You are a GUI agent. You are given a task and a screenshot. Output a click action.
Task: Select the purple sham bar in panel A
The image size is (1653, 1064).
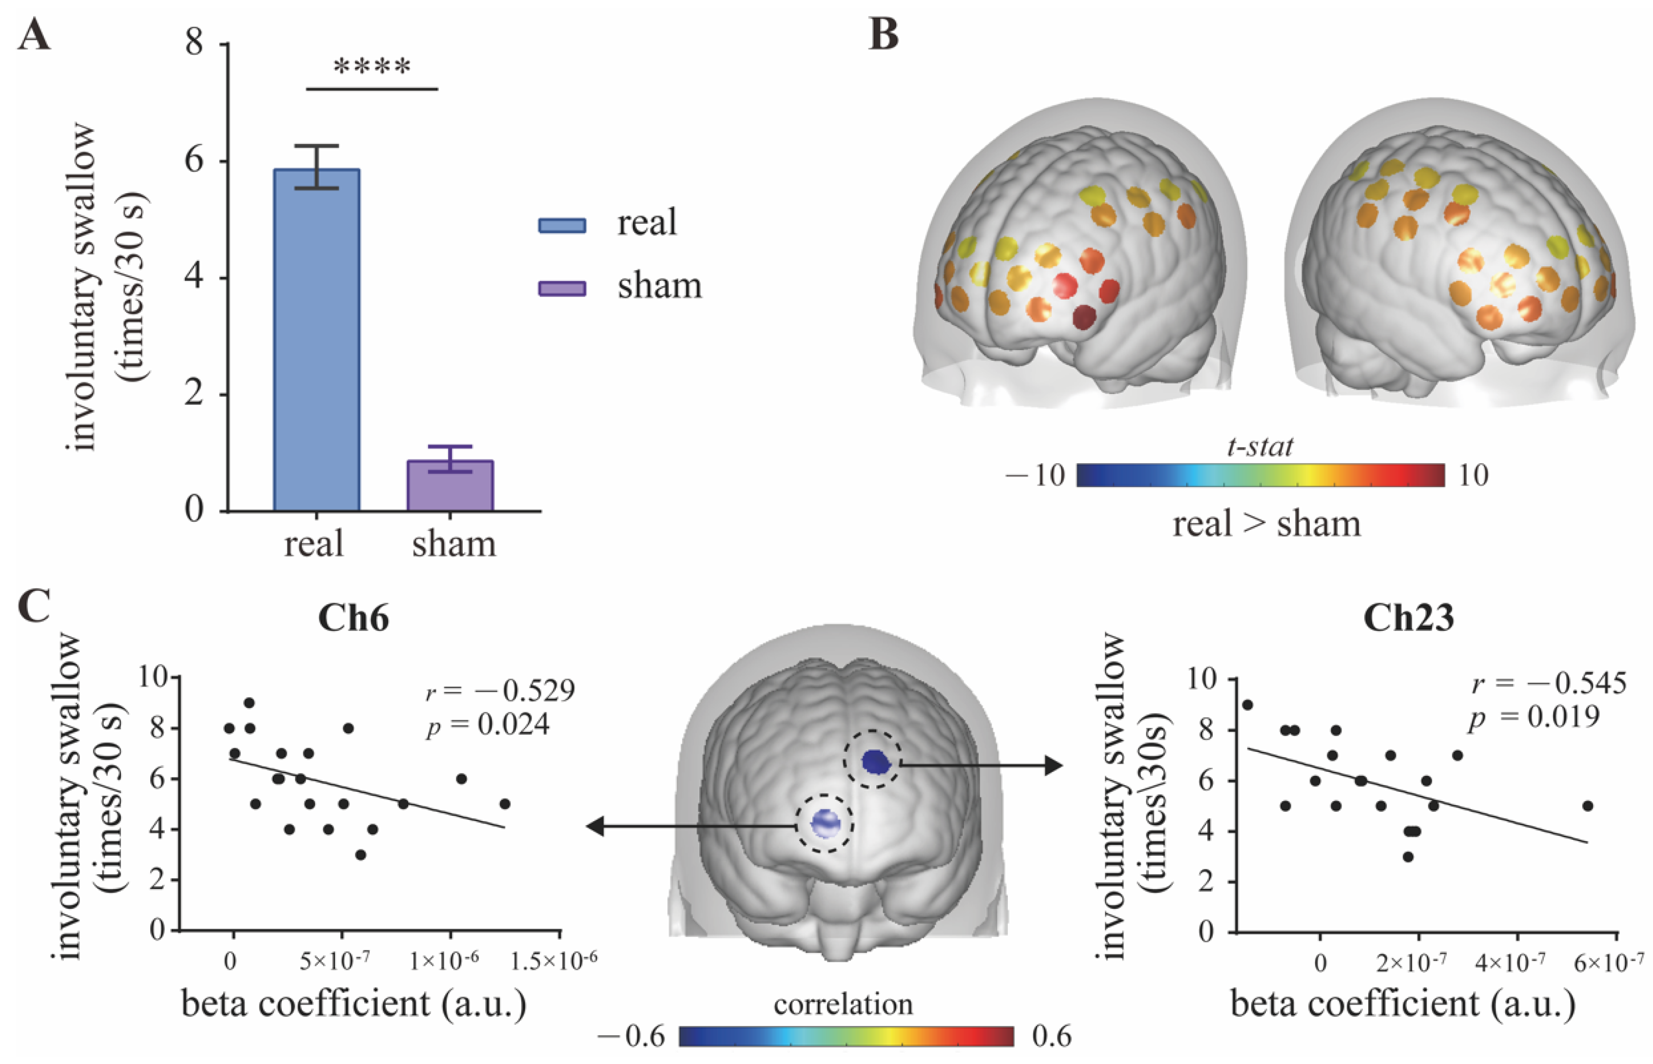point(450,486)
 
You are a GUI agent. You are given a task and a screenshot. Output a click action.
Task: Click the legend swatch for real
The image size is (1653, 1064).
point(562,225)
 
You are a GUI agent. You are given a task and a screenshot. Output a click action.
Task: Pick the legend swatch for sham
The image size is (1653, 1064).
point(562,288)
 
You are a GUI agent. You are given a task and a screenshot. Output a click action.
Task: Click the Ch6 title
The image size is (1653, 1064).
point(353,618)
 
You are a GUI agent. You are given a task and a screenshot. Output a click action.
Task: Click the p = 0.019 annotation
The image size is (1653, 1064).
point(1534,718)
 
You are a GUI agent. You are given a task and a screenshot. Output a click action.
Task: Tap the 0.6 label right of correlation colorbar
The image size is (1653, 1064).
point(1051,1036)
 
